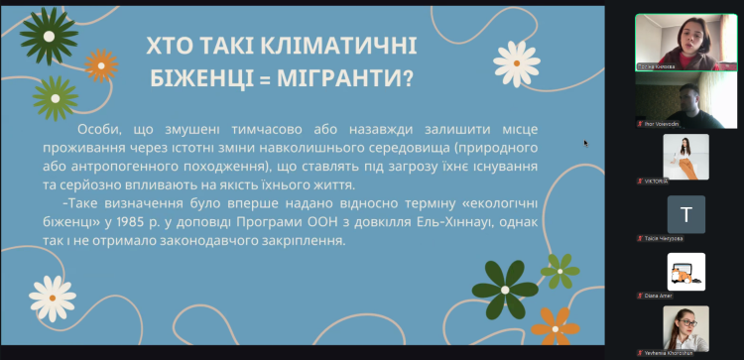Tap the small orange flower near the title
tap(100, 65)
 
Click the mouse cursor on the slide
tap(585, 143)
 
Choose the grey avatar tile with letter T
tap(685, 213)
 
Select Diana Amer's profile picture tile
tap(685, 272)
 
